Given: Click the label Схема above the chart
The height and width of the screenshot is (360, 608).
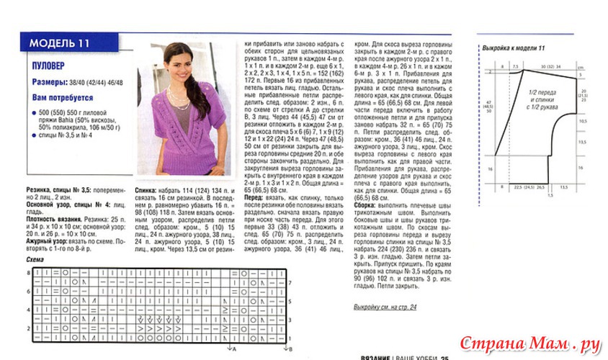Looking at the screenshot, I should [x=35, y=259].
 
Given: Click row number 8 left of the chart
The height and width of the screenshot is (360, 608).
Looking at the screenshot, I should [x=29, y=273].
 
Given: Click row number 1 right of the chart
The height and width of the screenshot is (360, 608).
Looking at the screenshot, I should [x=290, y=336].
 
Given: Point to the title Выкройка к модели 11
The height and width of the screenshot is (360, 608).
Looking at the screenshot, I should [x=513, y=48].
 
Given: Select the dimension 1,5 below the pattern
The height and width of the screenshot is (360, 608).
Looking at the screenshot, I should [x=549, y=195].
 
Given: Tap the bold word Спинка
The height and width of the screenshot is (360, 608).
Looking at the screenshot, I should [x=147, y=191].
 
